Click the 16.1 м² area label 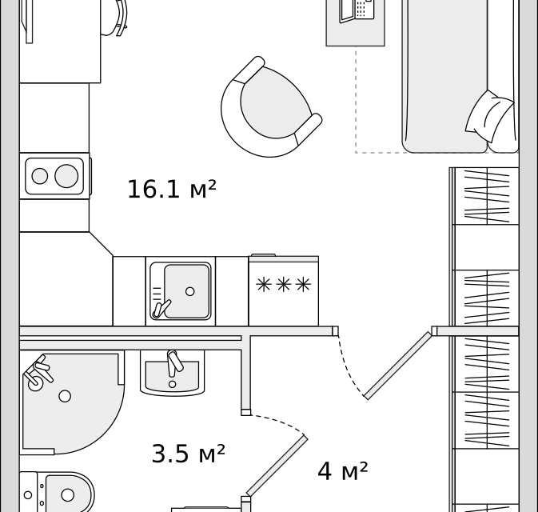172,190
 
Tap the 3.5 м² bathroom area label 189,454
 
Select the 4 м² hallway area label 342,470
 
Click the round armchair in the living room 271,107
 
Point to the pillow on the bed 490,116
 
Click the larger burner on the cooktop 66,176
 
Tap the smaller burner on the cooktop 40,176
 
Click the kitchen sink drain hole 189,291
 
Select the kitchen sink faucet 161,309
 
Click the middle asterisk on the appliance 284,285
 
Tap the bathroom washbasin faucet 174,362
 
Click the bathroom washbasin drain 172,384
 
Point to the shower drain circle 65,396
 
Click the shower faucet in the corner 38,374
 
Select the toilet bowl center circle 68,495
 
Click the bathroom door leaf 277,466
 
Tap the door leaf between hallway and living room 398,366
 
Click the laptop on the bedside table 357,10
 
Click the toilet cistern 28,492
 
